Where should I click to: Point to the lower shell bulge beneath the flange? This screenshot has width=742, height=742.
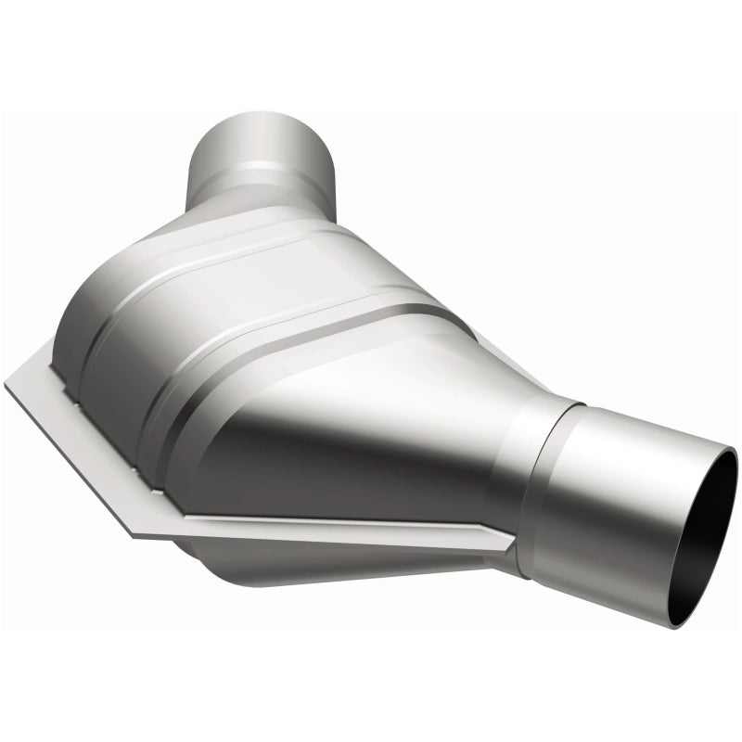[306, 566]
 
